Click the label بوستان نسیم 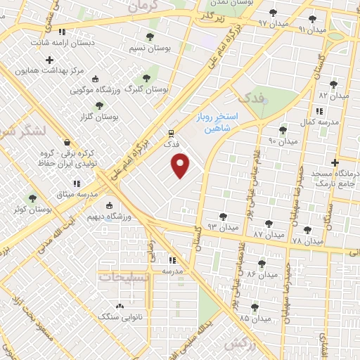[x=128, y=49]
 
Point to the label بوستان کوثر [x=53, y=210]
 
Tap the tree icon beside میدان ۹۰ [x=283, y=130]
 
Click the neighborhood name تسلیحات [x=124, y=277]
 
